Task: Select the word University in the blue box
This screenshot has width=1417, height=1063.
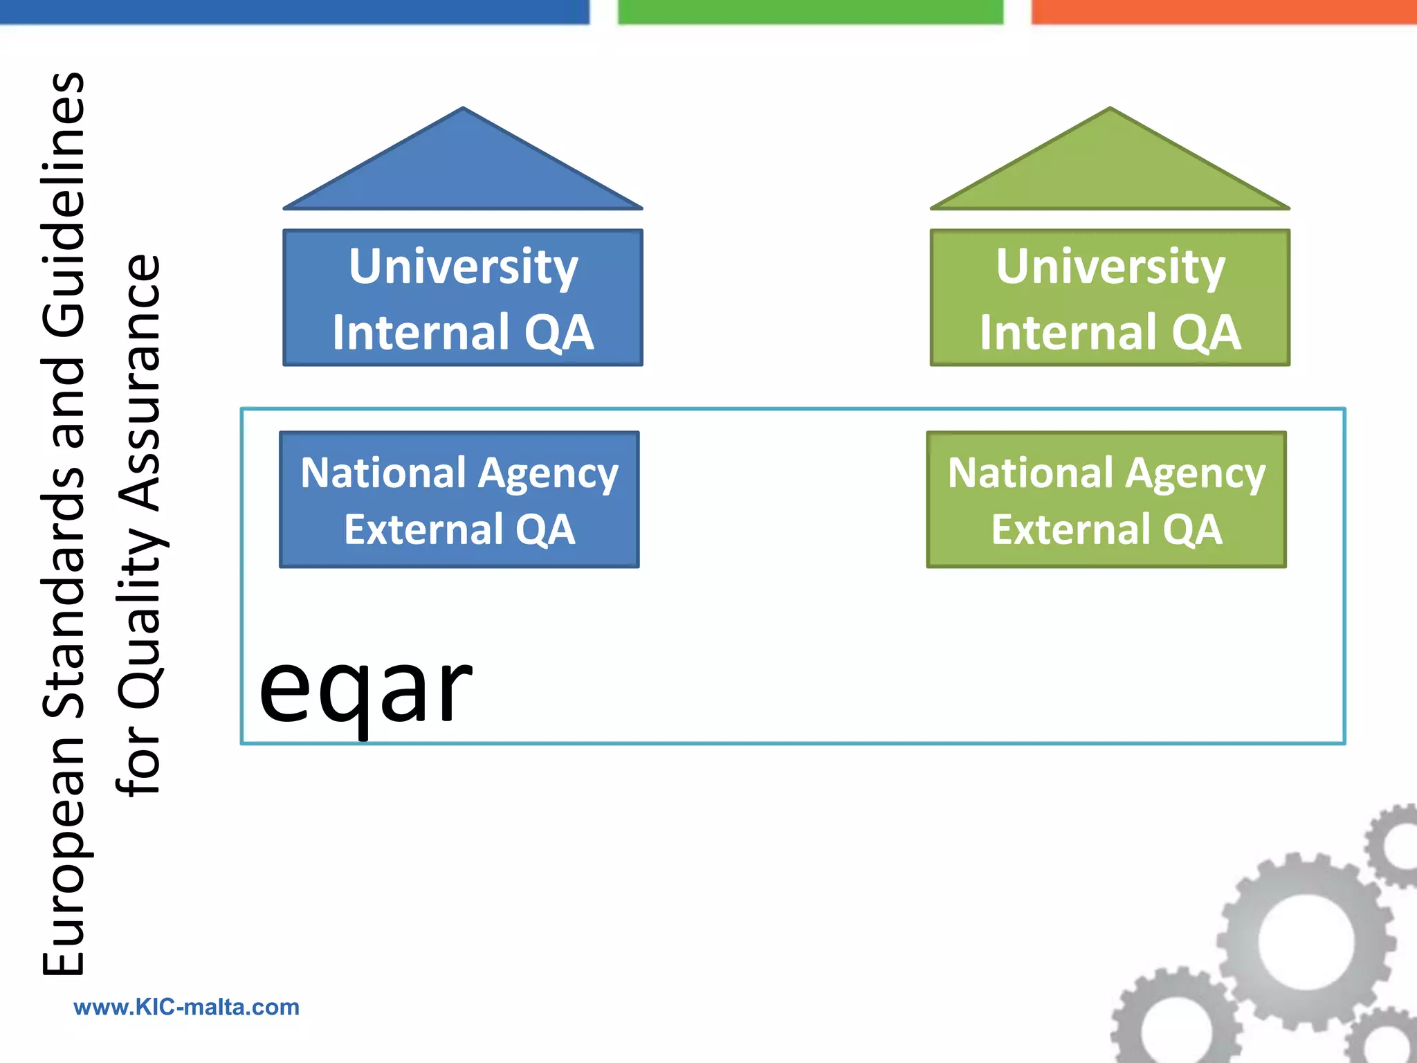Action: [x=463, y=267]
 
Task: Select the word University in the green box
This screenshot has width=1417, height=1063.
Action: [x=1110, y=267]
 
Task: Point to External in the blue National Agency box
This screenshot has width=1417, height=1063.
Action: [x=423, y=530]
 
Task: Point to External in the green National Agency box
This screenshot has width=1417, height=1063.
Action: [x=1070, y=530]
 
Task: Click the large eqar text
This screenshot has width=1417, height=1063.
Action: [x=365, y=689]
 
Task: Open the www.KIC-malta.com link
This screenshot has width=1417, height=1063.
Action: [x=187, y=1007]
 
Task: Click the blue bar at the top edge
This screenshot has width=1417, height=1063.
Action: [x=294, y=12]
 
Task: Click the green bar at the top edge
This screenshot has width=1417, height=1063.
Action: [x=810, y=12]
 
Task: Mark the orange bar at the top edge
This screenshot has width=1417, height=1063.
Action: [x=1224, y=12]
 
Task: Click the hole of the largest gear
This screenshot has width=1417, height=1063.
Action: [x=1305, y=942]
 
